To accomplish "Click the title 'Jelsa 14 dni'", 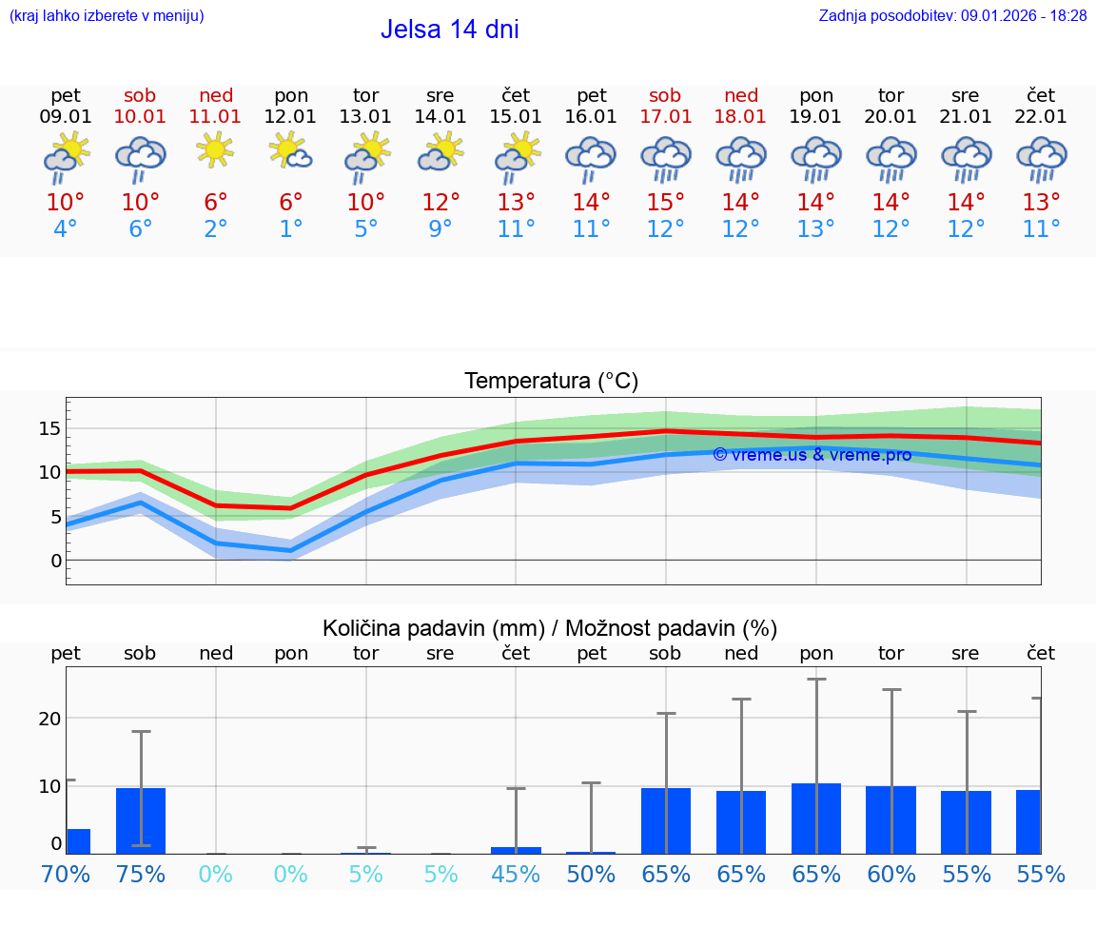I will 449,30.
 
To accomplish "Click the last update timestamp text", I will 952,15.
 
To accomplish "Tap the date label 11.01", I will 216,116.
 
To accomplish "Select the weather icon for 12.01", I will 290,152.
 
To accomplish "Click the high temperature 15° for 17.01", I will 665,203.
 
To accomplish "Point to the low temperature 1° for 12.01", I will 290,229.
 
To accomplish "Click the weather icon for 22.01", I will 1041,158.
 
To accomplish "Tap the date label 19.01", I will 815,116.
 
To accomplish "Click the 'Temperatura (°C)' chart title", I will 551,382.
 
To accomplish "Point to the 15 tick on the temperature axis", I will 49,428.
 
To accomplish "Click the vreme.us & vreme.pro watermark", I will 812,455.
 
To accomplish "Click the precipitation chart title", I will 550,628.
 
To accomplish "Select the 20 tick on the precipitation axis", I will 49,718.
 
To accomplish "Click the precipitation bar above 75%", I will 141,820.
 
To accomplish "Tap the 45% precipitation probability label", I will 516,874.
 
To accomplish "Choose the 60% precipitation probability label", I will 890,874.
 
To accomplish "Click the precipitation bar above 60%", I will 890,819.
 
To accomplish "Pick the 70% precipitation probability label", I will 66,874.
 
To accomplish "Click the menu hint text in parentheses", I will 107,15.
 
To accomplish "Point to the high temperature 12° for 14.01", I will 440,203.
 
